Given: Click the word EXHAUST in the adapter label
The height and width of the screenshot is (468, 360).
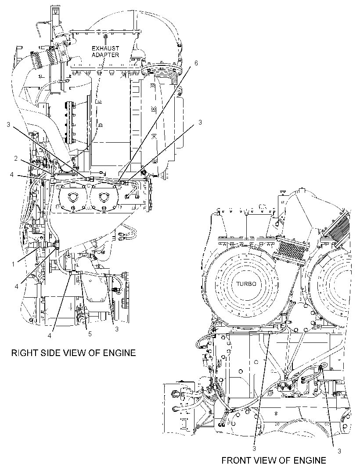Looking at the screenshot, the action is [105, 48].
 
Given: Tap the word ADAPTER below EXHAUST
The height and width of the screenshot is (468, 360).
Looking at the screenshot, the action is [105, 55].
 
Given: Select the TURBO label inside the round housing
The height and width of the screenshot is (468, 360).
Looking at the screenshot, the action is [246, 284].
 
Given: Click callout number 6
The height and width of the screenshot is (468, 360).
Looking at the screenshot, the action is [196, 63].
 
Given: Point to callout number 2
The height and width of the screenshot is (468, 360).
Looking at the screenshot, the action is [16, 158].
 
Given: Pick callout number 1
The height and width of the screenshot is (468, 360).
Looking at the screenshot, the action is [13, 264].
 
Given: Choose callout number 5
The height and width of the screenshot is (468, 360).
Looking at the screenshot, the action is [90, 334].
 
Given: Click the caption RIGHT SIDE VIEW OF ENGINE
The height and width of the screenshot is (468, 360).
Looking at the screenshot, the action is [73, 353].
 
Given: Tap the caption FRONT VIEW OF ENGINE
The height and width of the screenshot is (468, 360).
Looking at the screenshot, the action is [274, 460].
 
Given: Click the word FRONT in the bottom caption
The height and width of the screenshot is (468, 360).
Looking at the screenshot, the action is [235, 460].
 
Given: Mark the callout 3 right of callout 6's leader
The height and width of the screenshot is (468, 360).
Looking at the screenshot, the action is [200, 122].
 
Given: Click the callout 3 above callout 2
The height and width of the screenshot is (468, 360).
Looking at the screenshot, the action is [8, 124].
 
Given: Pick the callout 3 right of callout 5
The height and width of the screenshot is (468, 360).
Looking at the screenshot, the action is [117, 329].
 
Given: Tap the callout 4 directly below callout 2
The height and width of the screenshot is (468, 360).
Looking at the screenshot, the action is [12, 175].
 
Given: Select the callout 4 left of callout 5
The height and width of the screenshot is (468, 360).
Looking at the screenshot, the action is [50, 335].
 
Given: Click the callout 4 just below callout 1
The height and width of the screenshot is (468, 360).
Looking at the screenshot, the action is [17, 286].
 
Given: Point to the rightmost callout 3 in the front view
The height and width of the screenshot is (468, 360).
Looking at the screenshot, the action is [339, 451].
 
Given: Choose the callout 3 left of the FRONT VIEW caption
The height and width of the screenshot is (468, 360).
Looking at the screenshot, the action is [254, 449].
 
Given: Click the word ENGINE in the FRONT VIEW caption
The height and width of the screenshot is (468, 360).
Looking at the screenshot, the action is [310, 460].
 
